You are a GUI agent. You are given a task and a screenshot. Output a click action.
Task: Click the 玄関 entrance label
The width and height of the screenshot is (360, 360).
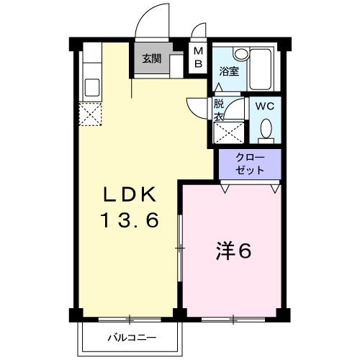(x=151, y=59)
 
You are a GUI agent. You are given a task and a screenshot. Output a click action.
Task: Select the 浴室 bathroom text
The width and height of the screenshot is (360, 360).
(x=229, y=71)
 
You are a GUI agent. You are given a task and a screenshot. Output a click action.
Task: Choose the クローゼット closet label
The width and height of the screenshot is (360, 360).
(x=250, y=163)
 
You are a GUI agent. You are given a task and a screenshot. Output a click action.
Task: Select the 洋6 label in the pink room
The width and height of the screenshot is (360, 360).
(x=234, y=252)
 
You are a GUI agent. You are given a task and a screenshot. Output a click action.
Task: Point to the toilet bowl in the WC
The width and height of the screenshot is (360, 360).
(x=266, y=130)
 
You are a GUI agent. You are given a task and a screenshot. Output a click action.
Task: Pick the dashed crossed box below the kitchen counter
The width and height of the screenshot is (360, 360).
(x=91, y=114)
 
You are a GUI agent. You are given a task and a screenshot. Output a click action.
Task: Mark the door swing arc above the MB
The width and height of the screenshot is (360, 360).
(x=199, y=32)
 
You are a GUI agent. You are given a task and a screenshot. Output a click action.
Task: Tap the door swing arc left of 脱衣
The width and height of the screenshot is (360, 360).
(x=196, y=108)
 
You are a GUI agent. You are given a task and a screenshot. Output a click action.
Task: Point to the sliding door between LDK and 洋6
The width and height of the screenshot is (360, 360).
(x=179, y=248)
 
